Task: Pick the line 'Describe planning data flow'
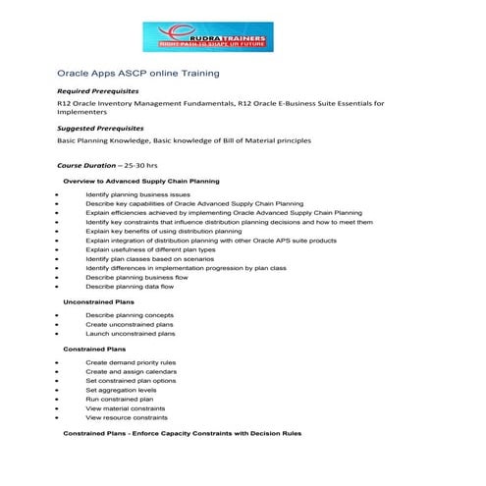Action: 131,287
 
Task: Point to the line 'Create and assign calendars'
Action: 131,372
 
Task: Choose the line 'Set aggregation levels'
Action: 121,390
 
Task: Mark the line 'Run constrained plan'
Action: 119,400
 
